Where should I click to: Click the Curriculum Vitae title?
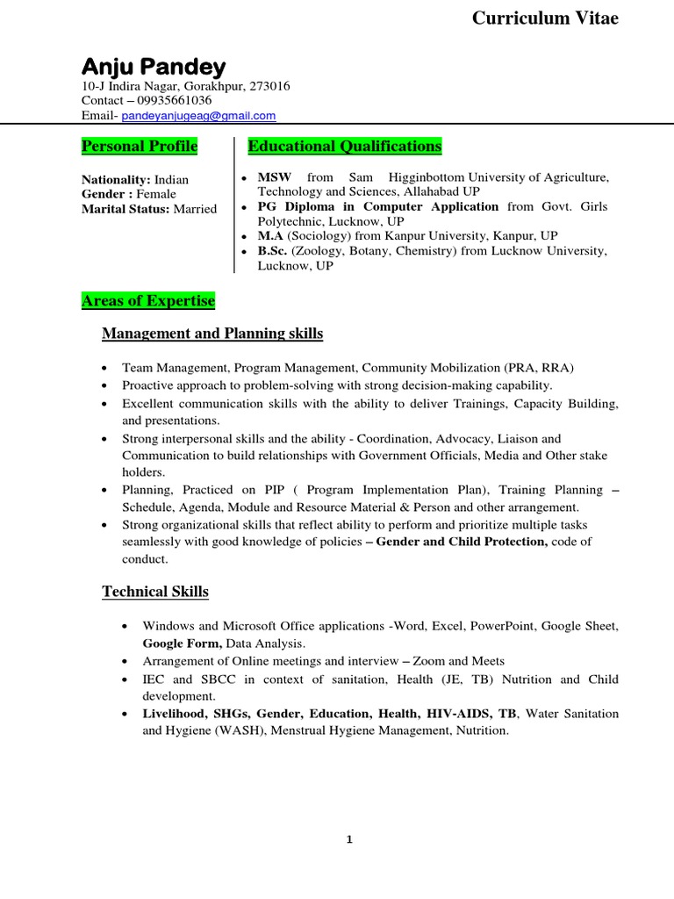[545, 18]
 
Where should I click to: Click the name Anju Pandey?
[154, 67]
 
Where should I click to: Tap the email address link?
[198, 115]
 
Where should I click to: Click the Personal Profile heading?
[140, 146]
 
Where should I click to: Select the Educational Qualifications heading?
[345, 146]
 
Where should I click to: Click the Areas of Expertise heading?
[147, 301]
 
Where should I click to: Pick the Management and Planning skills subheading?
[212, 334]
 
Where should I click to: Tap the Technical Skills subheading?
[155, 592]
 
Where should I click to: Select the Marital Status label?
[125, 209]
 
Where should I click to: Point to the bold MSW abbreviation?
[274, 177]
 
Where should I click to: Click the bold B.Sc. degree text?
[272, 251]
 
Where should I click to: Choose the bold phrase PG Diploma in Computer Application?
[377, 207]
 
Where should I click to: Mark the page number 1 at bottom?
[348, 840]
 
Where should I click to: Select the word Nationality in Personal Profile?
[115, 179]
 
